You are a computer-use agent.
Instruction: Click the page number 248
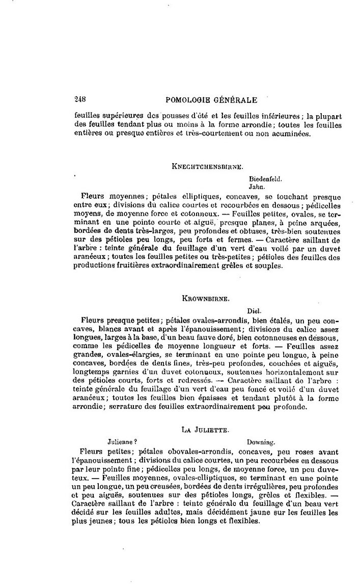coord(79,100)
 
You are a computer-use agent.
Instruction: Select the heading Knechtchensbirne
coord(207,166)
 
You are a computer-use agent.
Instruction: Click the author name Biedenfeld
coord(266,179)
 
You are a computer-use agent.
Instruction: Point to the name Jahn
coord(256,187)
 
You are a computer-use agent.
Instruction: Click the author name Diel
coord(254,310)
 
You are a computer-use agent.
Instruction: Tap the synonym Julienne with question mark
coord(122,442)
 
